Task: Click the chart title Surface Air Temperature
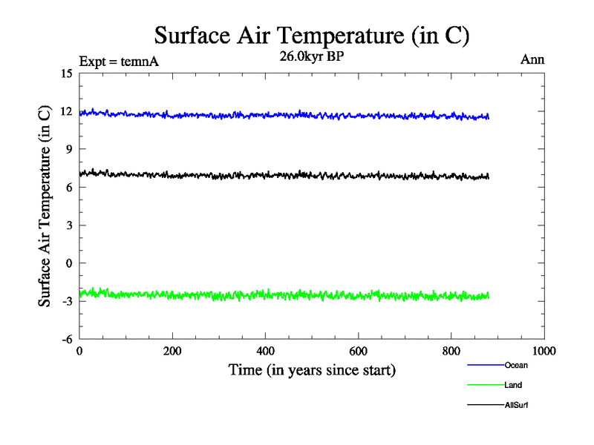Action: (x=312, y=35)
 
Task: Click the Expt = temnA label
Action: (x=119, y=61)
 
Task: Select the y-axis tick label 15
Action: (x=67, y=73)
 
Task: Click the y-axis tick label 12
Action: (x=67, y=111)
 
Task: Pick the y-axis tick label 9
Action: (x=69, y=149)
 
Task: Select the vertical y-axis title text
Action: (x=45, y=205)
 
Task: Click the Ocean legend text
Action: (x=515, y=365)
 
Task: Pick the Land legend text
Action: (x=513, y=385)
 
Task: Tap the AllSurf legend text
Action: (x=515, y=405)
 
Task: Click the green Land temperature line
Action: (x=297, y=295)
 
